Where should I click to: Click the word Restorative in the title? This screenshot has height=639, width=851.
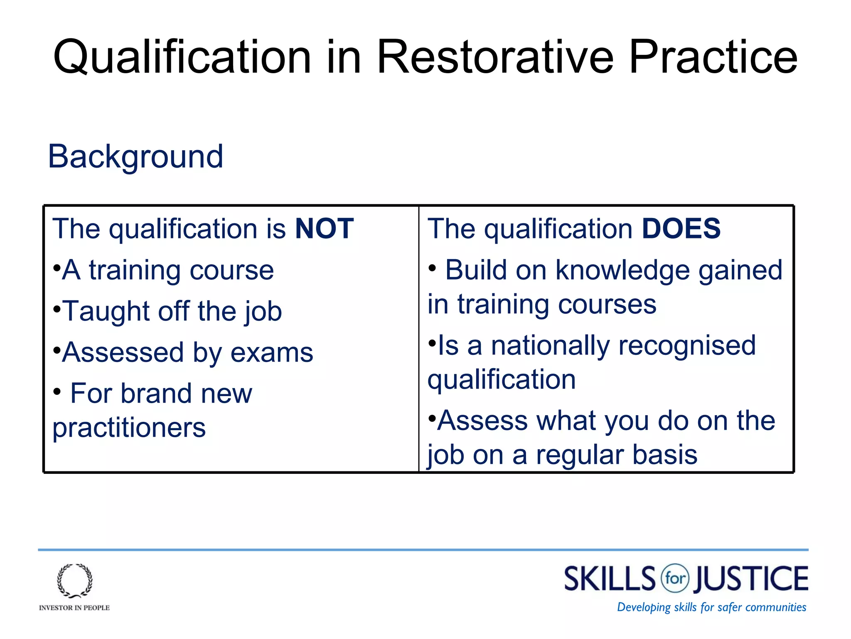(x=494, y=57)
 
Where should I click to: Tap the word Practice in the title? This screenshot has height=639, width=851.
(x=713, y=57)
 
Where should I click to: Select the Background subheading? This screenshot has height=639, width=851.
(x=135, y=156)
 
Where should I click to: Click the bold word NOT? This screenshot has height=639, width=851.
(x=324, y=229)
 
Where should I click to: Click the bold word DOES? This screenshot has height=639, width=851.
(x=681, y=229)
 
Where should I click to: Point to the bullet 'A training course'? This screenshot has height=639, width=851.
(x=168, y=270)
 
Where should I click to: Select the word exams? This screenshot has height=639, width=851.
(x=272, y=353)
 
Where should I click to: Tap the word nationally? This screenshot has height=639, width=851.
(x=550, y=346)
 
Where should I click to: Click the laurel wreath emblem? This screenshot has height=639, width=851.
(x=75, y=581)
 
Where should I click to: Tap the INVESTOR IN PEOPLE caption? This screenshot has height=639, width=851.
(x=74, y=608)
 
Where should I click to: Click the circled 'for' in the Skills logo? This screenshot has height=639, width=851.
(x=675, y=578)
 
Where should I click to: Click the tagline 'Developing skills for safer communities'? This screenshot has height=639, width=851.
(x=711, y=607)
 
